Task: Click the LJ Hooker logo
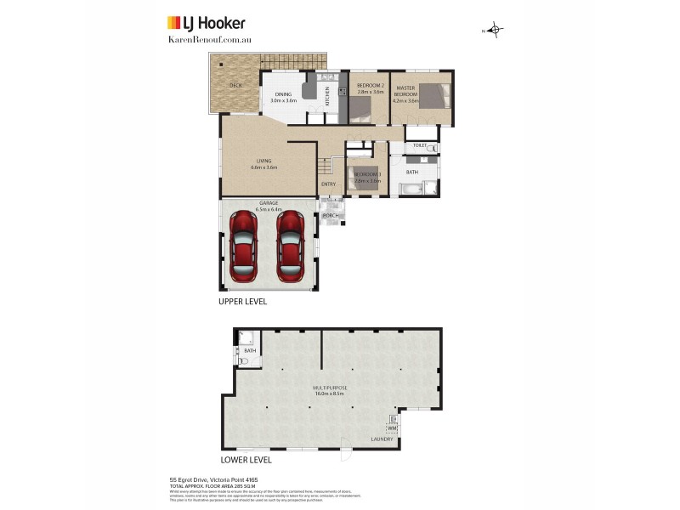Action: pos(206,23)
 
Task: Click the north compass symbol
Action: pos(496,31)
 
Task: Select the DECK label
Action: pos(235,86)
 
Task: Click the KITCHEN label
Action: pos(327,96)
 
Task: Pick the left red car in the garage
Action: pos(242,246)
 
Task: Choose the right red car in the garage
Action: pos(291,246)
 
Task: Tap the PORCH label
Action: pos(331,216)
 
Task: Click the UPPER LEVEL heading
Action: pos(243,302)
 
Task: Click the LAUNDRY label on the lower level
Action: pos(382,439)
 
